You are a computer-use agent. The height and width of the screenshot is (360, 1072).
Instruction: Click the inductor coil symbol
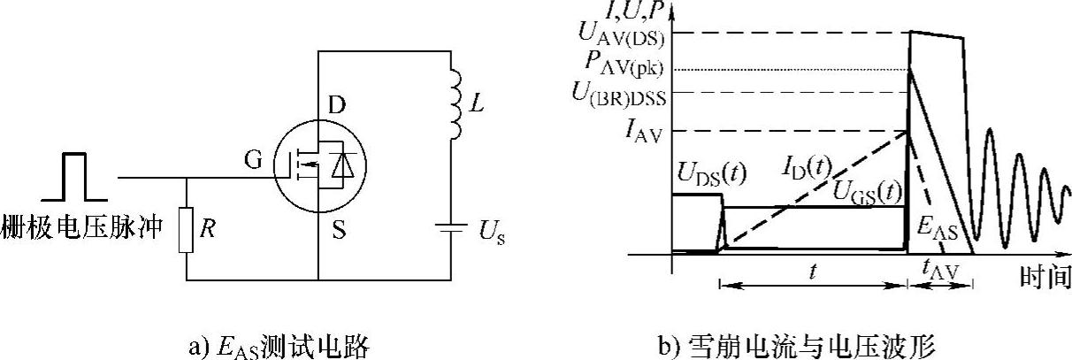pos(455,103)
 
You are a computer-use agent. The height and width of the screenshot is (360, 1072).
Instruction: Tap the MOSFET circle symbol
pos(318,166)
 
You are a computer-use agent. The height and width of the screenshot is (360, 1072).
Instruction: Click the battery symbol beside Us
pos(452,232)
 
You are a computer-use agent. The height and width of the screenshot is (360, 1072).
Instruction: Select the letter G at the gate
pos(252,160)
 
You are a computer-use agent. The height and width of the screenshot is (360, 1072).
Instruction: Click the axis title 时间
pos(1045,278)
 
